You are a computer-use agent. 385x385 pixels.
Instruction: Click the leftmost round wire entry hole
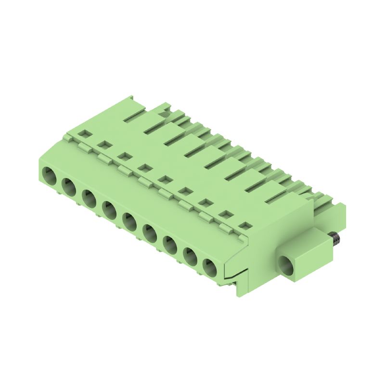click(x=49, y=175)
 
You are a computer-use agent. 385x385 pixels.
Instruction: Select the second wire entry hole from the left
click(x=68, y=186)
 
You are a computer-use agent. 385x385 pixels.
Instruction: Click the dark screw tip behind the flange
click(x=334, y=237)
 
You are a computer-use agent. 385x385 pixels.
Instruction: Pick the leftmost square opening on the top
click(x=85, y=132)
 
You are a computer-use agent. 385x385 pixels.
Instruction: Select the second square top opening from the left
click(x=103, y=144)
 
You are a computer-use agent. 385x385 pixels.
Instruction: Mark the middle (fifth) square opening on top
click(x=164, y=179)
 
